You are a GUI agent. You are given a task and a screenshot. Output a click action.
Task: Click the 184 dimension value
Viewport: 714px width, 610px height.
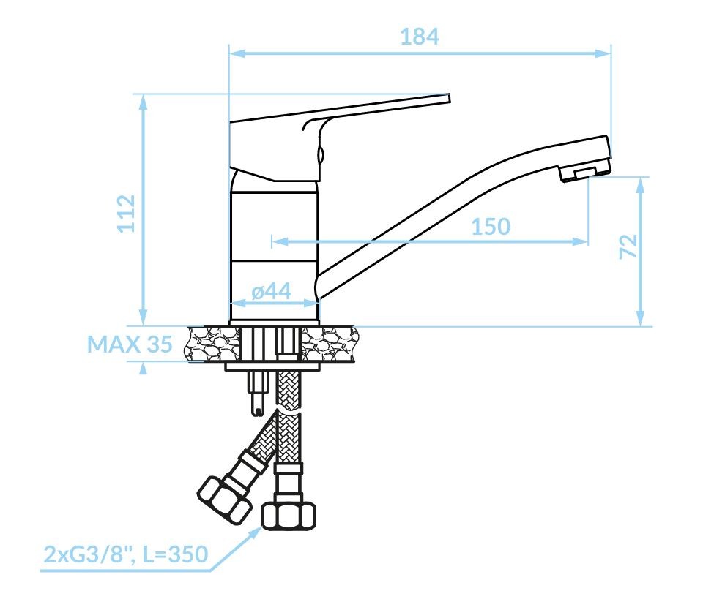point(420,37)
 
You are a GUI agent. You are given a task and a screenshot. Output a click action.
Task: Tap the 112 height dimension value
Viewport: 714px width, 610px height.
point(126,214)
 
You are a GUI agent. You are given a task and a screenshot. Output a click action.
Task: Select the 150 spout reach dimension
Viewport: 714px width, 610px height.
point(491,227)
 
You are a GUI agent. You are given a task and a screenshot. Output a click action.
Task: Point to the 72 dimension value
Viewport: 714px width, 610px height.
point(628,246)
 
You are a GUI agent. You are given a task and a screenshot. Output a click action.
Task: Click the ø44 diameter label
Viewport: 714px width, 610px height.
point(272,290)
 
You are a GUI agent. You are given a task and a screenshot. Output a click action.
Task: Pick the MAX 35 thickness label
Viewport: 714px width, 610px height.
point(130,344)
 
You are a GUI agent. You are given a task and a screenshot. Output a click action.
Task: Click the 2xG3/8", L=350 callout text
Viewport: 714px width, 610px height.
point(126,554)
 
